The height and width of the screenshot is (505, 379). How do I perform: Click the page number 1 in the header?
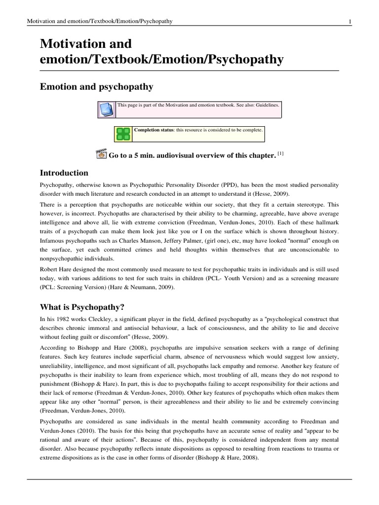[x=349, y=21]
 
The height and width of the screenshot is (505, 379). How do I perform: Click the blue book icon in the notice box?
[x=106, y=109]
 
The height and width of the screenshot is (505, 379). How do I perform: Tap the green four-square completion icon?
[x=123, y=134]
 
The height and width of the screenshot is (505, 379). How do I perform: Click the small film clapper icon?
[x=101, y=154]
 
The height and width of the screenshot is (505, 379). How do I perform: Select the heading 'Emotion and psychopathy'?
[x=96, y=87]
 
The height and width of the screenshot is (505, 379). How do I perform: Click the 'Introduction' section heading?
[x=64, y=173]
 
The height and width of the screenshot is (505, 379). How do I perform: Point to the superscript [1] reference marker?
[x=280, y=153]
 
